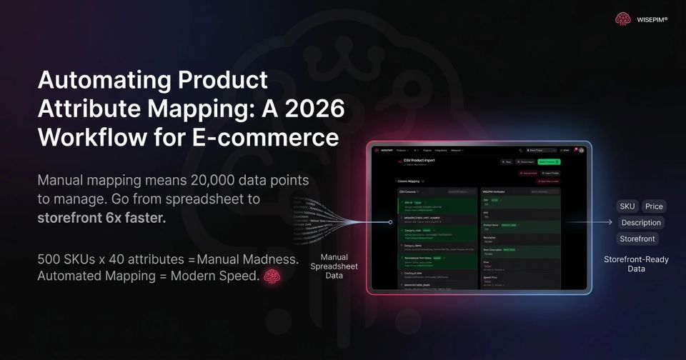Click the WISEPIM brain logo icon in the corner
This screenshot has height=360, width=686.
(x=623, y=20)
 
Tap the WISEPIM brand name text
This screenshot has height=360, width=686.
(x=652, y=20)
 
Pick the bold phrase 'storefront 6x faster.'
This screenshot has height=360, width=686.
(x=101, y=218)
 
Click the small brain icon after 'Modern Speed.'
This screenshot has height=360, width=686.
(x=271, y=276)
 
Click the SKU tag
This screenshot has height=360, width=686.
(x=627, y=206)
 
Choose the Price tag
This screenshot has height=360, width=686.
(x=654, y=206)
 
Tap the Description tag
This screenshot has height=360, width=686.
(x=641, y=223)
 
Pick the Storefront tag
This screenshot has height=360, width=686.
(x=637, y=239)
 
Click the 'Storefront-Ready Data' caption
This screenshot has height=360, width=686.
(x=636, y=264)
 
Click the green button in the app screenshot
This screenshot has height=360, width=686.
(x=549, y=162)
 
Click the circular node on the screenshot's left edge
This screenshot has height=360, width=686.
(x=390, y=222)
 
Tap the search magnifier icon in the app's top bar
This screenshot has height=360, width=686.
(x=521, y=151)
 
